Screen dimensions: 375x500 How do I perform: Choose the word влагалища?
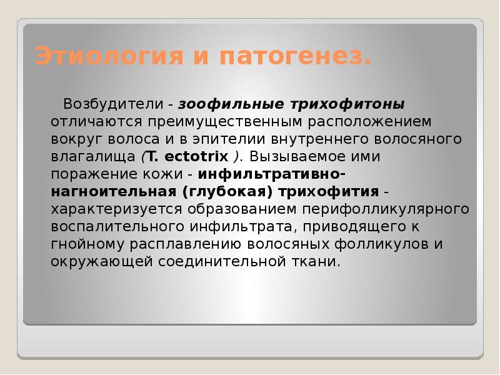point(94,156)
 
